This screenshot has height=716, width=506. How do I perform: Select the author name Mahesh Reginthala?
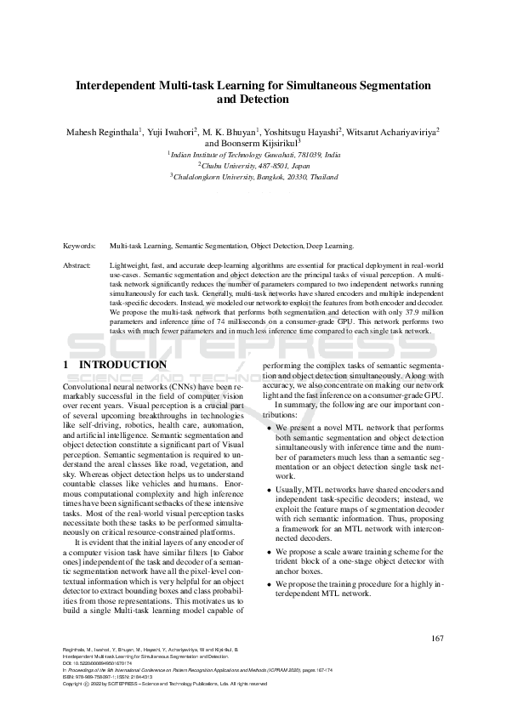(95, 132)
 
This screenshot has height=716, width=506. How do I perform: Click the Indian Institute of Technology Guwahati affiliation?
(254, 155)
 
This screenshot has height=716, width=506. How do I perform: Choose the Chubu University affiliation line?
(254, 166)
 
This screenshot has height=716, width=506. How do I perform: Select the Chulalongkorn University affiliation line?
(254, 177)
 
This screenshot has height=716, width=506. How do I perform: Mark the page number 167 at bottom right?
(438, 638)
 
